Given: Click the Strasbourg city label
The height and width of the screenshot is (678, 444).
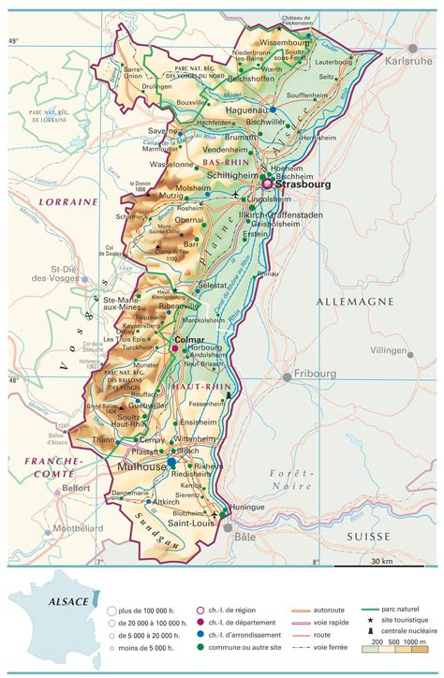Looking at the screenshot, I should (306, 184).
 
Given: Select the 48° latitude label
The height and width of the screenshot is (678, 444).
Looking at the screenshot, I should (13, 381).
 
